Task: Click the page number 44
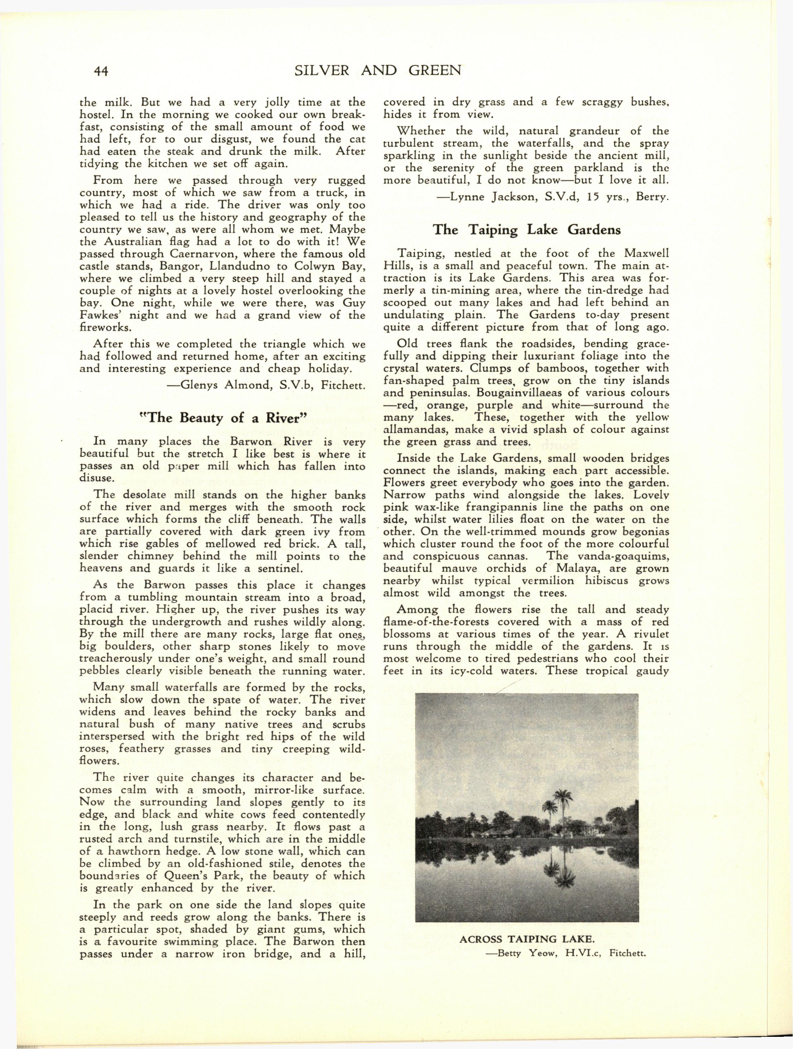click(x=101, y=71)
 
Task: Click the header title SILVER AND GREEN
click(x=378, y=71)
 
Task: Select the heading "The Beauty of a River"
click(x=223, y=418)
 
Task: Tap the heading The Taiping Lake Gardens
click(x=527, y=229)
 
